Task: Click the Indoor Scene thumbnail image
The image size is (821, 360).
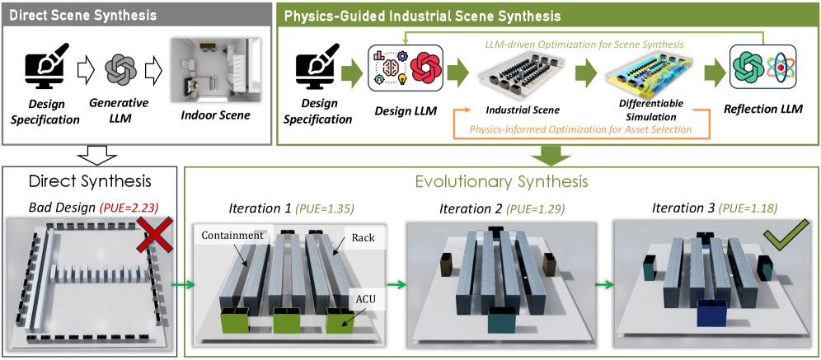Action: [x=204, y=71]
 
